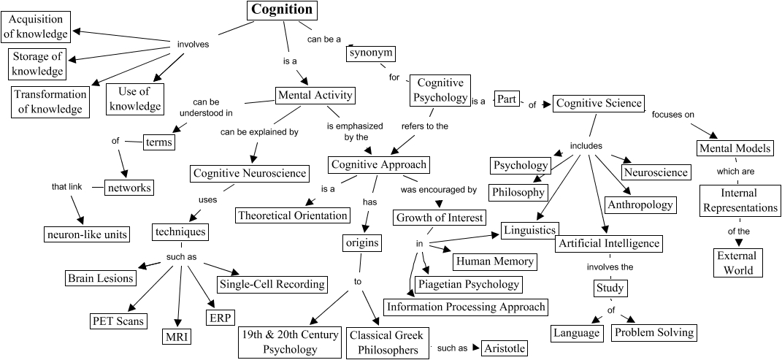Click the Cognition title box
pyautogui.click(x=282, y=10)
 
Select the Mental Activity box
pyautogui.click(x=315, y=95)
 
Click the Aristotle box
pyautogui.click(x=505, y=348)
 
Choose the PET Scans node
pyautogui.click(x=118, y=321)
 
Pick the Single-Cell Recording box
pyautogui.click(x=272, y=283)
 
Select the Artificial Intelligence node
pyautogui.click(x=608, y=243)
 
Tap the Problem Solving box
pyautogui.click(x=653, y=333)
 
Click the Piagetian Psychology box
pyautogui.click(x=467, y=284)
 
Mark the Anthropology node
pyautogui.click(x=640, y=204)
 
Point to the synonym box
pyautogui.click(x=371, y=53)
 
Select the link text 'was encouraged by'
pyautogui.click(x=439, y=190)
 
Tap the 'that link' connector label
pyautogui.click(x=66, y=186)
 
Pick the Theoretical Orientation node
pyautogui.click(x=293, y=215)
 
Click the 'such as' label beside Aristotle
pyautogui.click(x=452, y=348)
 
